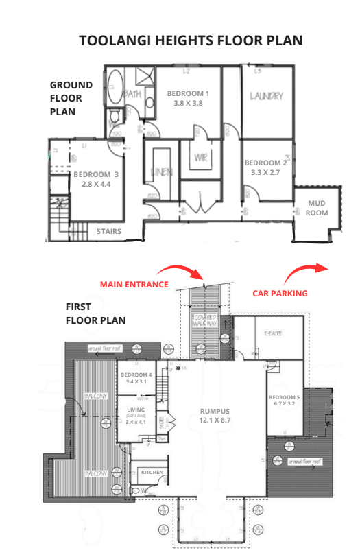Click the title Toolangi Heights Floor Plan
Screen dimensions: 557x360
pos(191,40)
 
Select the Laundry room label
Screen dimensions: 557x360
pos(266,96)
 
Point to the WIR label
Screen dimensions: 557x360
pos(201,157)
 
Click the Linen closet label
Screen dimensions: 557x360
pos(162,171)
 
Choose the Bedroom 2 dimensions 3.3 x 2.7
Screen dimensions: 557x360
pos(266,173)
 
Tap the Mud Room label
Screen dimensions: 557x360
pos(317,208)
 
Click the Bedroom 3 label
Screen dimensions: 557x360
pos(96,175)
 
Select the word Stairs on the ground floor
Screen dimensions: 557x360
pos(109,231)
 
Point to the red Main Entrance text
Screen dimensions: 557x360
pos(134,284)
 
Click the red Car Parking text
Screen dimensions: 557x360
pos(280,293)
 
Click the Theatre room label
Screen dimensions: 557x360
pos(274,333)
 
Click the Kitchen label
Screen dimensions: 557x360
pos(152,473)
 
